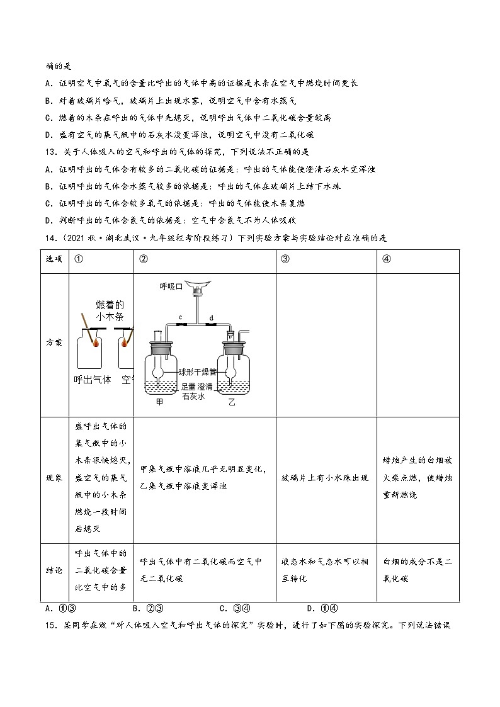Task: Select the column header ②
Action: tap(144, 261)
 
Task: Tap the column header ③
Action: tap(285, 261)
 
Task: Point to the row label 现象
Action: tap(54, 478)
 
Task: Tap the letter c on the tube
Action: tap(180, 317)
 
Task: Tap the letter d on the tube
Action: tap(210, 317)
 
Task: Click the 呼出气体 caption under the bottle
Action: tap(93, 379)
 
